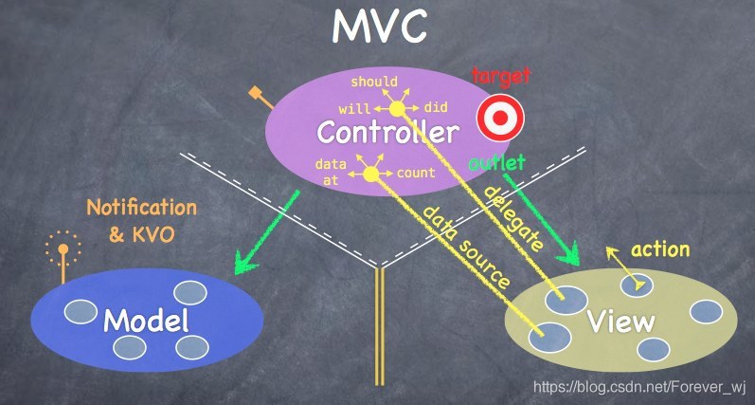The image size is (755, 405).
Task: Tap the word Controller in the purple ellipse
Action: [388, 132]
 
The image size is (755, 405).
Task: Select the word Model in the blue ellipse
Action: [146, 320]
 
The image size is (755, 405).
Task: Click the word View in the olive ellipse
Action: [621, 320]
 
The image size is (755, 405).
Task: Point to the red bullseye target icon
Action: [500, 118]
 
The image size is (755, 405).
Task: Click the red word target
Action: [501, 76]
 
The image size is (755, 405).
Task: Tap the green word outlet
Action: [496, 163]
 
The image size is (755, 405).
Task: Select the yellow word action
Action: [660, 249]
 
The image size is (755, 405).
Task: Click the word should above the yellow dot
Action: [374, 82]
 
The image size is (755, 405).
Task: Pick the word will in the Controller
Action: [354, 108]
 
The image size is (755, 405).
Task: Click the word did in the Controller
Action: [436, 107]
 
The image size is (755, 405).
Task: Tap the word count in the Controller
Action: [416, 173]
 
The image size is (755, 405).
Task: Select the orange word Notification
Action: [141, 208]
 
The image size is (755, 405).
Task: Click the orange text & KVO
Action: [141, 235]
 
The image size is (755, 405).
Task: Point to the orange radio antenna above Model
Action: [63, 255]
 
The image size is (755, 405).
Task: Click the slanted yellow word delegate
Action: [512, 219]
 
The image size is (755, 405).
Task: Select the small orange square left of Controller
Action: [255, 93]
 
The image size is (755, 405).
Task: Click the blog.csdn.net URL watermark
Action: [639, 387]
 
